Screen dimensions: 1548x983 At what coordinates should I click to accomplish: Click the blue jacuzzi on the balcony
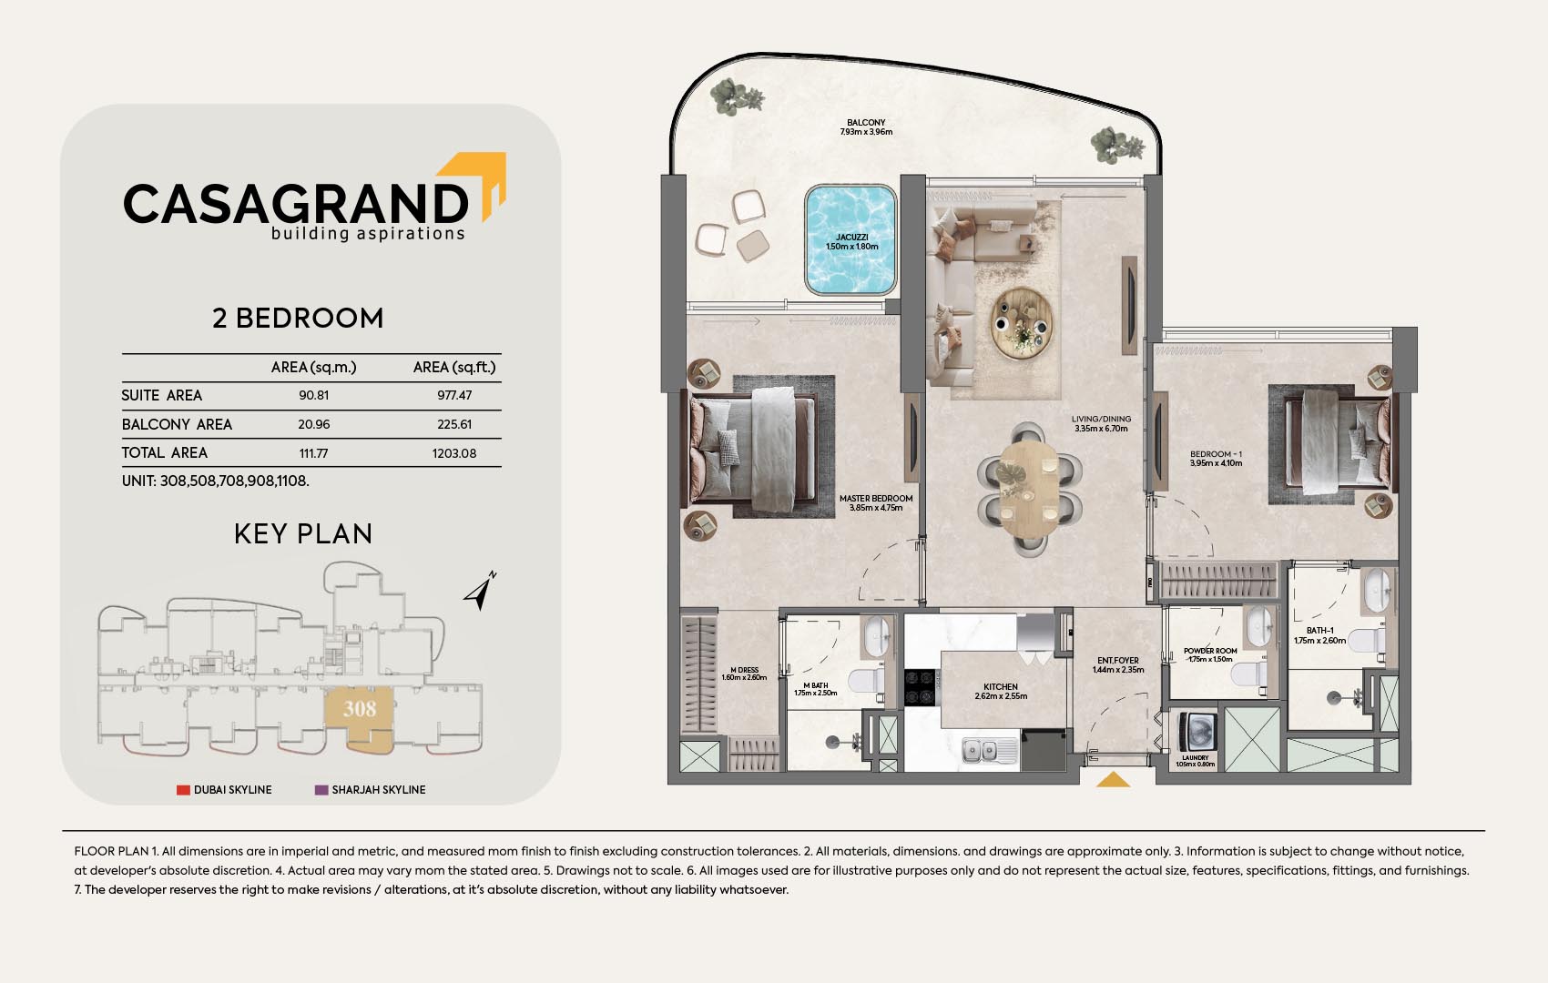point(850,239)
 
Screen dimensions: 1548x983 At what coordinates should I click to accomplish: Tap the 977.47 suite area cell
point(454,395)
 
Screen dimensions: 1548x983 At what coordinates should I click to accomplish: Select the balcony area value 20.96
point(314,424)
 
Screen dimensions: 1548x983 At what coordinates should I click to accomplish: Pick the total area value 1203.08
point(454,453)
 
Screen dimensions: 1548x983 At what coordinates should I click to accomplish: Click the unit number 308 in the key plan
point(360,708)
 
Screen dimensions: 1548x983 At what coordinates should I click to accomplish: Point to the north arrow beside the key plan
point(480,592)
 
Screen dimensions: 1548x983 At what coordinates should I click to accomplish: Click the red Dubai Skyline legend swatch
point(183,789)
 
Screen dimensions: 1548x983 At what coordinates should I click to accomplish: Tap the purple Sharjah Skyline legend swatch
point(321,789)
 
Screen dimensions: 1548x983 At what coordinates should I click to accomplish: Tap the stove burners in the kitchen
point(921,687)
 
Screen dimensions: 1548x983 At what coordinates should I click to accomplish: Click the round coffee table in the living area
point(1022,323)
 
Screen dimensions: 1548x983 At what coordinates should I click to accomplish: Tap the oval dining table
point(1029,490)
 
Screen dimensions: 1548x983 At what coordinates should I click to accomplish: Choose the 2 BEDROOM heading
point(298,318)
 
